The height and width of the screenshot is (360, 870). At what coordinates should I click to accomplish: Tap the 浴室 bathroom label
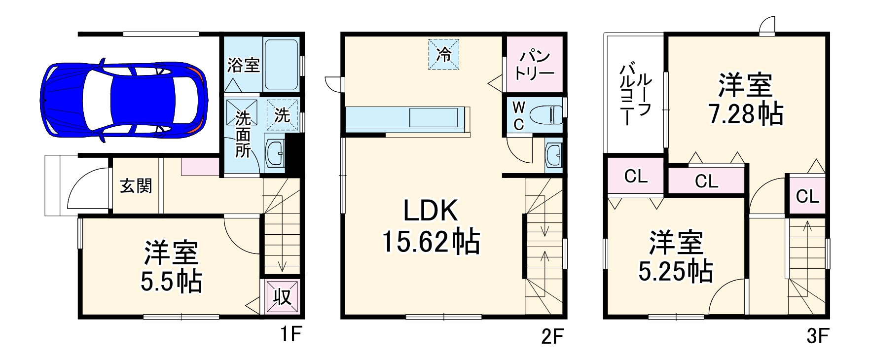(243, 65)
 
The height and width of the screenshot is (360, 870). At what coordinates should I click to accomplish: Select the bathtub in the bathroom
(281, 64)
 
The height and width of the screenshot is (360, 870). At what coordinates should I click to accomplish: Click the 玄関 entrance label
(136, 186)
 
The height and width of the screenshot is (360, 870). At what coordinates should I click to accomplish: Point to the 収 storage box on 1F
(282, 297)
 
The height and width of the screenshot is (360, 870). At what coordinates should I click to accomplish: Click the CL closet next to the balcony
(635, 176)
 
